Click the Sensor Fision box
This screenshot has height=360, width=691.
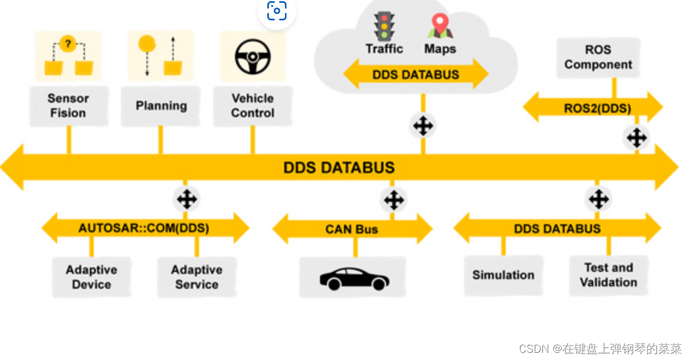coord(68,106)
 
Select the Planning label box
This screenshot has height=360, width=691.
coord(161,106)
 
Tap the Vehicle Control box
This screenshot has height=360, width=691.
coord(252,106)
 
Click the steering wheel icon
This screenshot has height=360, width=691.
coord(252,58)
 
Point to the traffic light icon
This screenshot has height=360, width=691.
coord(384,26)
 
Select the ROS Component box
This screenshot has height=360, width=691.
coord(598,58)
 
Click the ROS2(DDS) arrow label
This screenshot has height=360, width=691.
coord(597,108)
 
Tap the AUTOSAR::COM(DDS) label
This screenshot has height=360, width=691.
coord(144,228)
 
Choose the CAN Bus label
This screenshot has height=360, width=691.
coord(352,229)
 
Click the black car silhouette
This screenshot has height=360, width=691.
coord(354,279)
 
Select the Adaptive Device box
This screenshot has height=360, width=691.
coord(91,277)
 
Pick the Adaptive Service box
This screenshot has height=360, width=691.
coord(197,277)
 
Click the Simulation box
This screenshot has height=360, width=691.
coord(503,275)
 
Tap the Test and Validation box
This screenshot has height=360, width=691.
coord(608,275)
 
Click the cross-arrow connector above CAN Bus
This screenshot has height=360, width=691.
coord(393,199)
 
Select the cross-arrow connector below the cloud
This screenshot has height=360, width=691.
coord(423,126)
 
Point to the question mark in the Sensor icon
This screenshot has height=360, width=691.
coord(68,44)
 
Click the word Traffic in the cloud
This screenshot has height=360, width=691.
coord(384,49)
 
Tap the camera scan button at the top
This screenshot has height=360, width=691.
coord(276,11)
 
